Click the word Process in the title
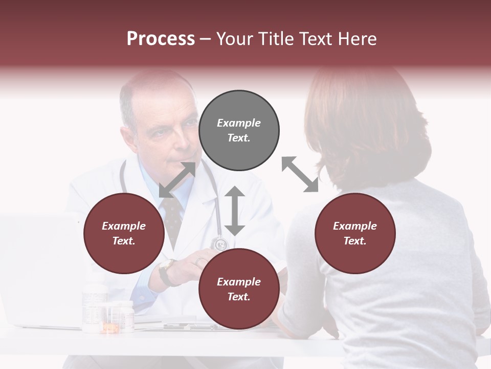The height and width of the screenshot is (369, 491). [161, 39]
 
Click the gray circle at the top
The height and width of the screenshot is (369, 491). [239, 131]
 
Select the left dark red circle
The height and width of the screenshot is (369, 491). [124, 234]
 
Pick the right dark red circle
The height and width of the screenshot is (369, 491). [355, 234]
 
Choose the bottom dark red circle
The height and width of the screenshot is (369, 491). [239, 290]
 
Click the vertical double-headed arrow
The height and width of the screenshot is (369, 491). [235, 211]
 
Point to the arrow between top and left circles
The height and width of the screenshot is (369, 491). [177, 179]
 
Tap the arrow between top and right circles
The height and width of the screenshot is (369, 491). [300, 174]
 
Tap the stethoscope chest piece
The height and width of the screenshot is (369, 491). [220, 243]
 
